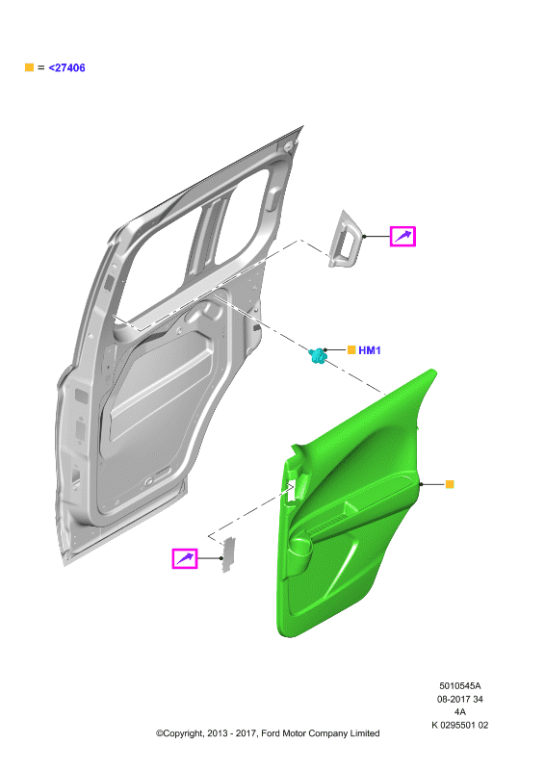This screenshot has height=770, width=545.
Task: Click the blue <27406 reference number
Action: coord(66,67)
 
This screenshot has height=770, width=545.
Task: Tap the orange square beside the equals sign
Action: coord(29,67)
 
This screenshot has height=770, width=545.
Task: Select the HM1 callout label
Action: coord(370,350)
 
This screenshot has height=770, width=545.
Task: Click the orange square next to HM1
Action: coord(351,349)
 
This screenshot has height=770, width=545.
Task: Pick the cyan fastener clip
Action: coord(318,355)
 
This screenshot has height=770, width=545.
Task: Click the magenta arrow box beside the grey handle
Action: coord(402,236)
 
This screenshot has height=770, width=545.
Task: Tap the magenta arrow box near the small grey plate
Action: coord(185,558)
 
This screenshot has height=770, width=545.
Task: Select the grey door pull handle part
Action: coord(345,240)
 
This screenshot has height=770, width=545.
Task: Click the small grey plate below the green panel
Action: coord(228,555)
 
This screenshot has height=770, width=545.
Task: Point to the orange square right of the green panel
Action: coord(450,484)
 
